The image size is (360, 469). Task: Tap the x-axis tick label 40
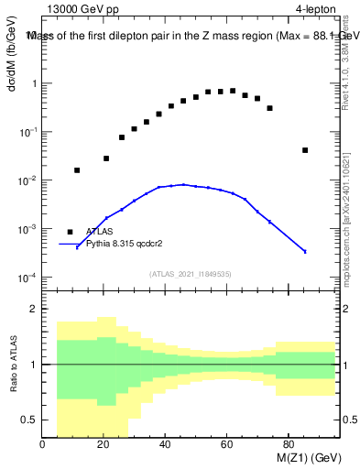point(165,446)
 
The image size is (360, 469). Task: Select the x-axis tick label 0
point(43,446)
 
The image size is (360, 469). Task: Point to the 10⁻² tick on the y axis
point(29,180)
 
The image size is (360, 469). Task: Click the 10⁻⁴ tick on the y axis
point(29,278)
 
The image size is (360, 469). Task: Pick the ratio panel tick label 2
point(34,310)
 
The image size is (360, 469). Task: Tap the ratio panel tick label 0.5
point(30,420)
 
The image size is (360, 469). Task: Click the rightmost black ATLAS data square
point(305,150)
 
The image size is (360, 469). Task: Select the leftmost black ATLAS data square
point(77,170)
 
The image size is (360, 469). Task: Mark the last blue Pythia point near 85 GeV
point(305,251)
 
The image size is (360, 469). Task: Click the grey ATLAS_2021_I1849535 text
point(189,273)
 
